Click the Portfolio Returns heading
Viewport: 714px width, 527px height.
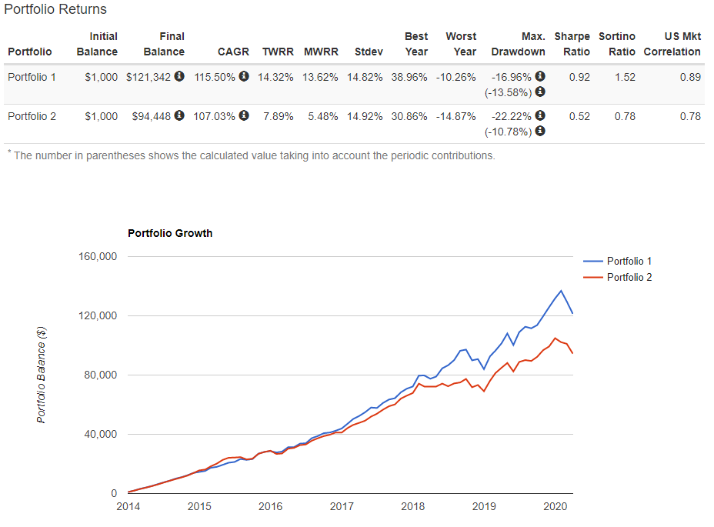tap(55, 10)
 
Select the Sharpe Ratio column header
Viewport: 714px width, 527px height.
tap(572, 44)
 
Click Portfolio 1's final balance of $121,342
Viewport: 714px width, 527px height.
tap(148, 77)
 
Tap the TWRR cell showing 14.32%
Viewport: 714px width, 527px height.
tap(277, 77)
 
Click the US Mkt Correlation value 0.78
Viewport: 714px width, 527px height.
tap(690, 116)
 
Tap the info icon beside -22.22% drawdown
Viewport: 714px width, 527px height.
tap(540, 116)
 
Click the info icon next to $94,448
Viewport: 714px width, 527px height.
tap(179, 116)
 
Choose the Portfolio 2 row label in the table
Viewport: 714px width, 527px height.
tap(32, 116)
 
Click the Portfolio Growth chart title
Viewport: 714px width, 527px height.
tap(170, 233)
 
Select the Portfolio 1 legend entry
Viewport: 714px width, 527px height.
tap(629, 261)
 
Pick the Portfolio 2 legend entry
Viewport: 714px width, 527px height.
tap(629, 277)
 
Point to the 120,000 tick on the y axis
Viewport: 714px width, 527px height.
tap(97, 315)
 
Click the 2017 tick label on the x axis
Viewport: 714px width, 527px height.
tap(342, 506)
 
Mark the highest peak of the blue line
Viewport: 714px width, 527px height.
tap(561, 290)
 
